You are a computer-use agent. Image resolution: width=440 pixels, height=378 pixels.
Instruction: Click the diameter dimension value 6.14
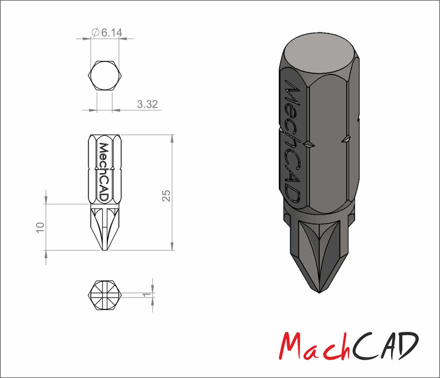click(112, 34)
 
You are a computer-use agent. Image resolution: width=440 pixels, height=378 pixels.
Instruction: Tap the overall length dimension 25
click(166, 194)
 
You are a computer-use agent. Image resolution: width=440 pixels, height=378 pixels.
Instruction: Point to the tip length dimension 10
click(40, 227)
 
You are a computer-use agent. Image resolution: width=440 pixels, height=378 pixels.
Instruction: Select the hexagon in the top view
click(104, 75)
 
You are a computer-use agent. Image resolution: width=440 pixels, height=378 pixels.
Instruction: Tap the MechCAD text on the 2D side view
click(104, 172)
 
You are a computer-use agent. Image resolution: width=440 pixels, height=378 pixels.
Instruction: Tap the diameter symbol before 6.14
click(95, 34)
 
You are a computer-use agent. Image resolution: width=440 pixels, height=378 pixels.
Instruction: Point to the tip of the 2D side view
click(104, 252)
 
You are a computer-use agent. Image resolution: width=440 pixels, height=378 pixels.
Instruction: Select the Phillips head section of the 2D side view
click(104, 227)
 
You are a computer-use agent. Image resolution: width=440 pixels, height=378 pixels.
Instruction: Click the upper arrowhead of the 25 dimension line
click(172, 139)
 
